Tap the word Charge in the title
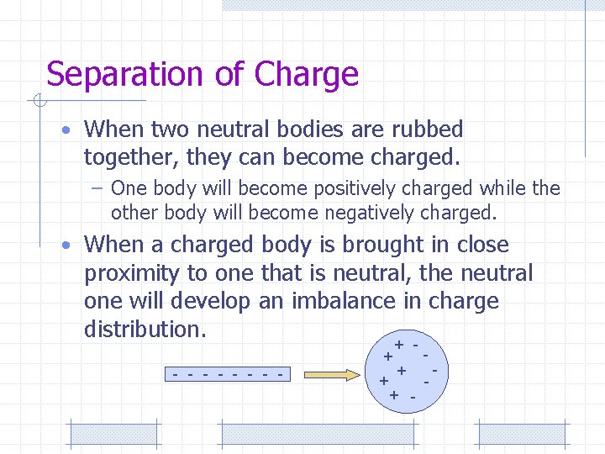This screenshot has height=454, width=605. coord(307,75)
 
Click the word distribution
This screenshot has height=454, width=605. coord(143,329)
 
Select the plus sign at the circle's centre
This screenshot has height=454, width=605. coord(402,370)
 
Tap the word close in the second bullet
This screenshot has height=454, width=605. coord(482,245)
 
